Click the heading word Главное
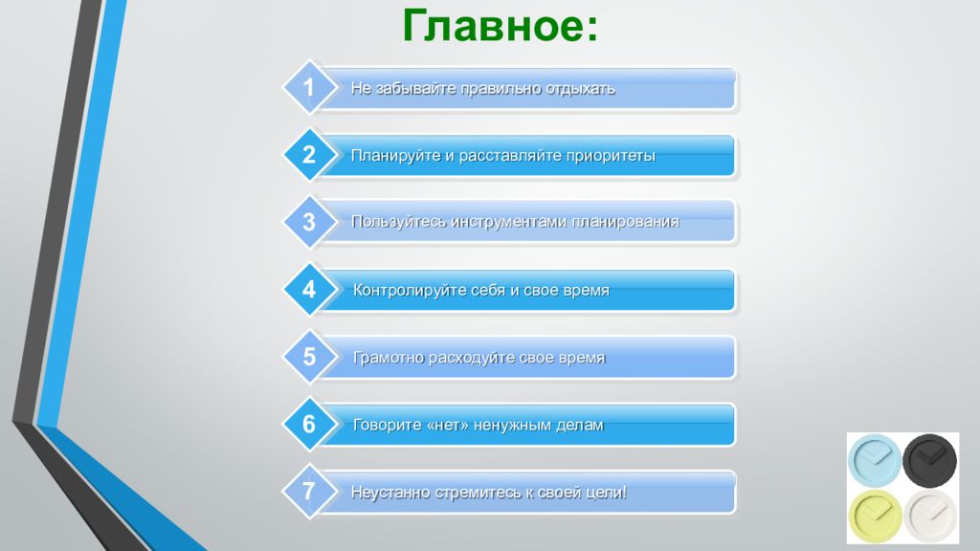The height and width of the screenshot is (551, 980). (500, 26)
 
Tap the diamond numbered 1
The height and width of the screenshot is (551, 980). (309, 88)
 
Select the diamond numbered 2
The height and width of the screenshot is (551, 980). (309, 155)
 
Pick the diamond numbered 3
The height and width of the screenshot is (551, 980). (309, 222)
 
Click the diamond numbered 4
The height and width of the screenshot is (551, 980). (309, 290)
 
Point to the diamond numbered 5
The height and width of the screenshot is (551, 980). (309, 358)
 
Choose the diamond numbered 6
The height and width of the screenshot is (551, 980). (309, 425)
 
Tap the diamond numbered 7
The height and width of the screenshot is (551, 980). (309, 493)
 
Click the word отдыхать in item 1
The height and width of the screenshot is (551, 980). (581, 89)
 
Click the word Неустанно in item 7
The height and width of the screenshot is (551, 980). (388, 493)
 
